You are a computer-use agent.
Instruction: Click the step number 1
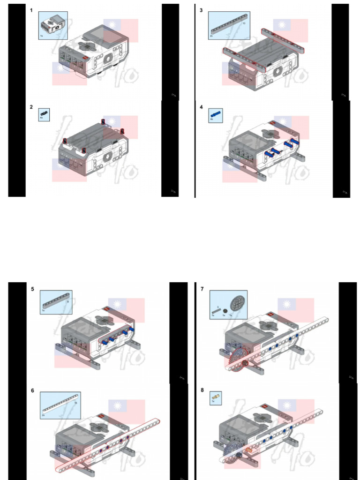coord(31,10)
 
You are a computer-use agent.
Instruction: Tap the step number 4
coord(202,107)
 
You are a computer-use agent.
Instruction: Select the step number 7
coord(202,289)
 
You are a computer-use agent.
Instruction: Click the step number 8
coord(202,390)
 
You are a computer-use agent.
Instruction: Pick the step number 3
coord(202,10)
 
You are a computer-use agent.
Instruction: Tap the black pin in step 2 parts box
coord(44,113)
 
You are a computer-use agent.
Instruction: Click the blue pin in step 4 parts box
coord(215,114)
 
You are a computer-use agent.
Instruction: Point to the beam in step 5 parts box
coord(56,300)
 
